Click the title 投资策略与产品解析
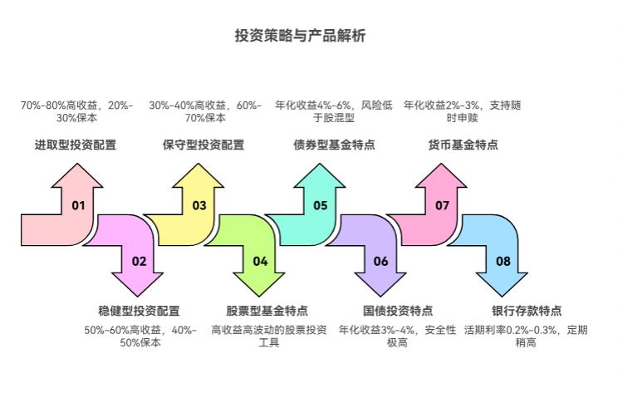[x=300, y=37]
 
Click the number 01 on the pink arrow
[x=78, y=205]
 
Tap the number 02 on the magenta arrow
[x=139, y=261]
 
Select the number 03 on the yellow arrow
[x=199, y=205]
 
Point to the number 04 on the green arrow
[x=260, y=261]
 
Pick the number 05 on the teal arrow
[x=321, y=205]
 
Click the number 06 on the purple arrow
[x=381, y=261]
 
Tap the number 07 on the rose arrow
[x=442, y=205]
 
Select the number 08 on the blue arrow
[x=503, y=261]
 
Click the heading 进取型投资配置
[x=76, y=145]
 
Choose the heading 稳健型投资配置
[x=139, y=311]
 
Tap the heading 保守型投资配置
[x=204, y=145]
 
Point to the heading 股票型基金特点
[x=267, y=311]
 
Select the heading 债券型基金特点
[x=334, y=145]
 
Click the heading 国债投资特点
[x=398, y=311]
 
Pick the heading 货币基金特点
[x=463, y=145]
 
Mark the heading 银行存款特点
[x=527, y=311]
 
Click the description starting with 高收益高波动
[x=268, y=336]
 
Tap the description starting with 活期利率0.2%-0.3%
[x=526, y=336]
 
